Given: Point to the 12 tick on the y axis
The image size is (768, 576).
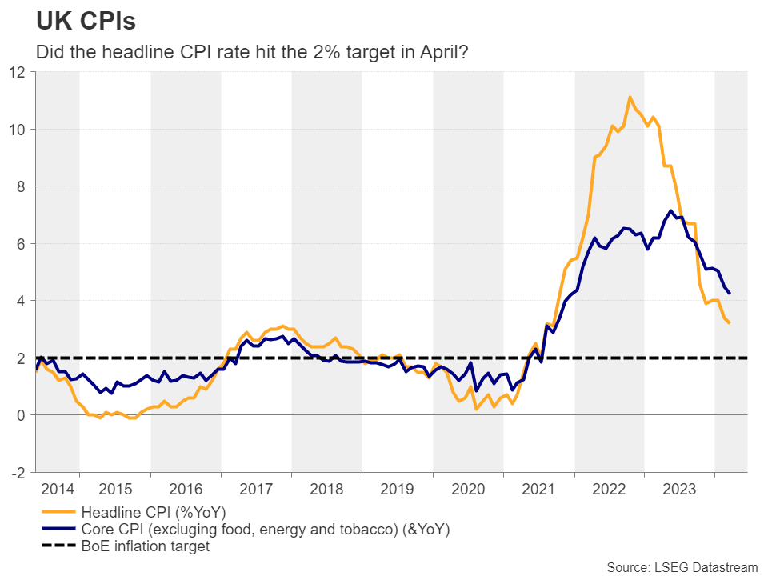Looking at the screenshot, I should (18, 72).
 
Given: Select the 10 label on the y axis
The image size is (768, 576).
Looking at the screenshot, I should (18, 130).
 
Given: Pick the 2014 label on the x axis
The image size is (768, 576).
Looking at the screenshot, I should (58, 487).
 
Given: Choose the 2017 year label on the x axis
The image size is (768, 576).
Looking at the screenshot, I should (256, 487).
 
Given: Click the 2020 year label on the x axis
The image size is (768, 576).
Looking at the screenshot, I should (468, 487).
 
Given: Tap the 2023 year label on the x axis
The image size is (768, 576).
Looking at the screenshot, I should (680, 487).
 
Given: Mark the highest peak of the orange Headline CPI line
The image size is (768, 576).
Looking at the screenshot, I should (630, 98).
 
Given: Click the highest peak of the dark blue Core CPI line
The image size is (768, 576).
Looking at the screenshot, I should (670, 211).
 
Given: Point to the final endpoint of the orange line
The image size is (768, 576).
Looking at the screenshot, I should (730, 322).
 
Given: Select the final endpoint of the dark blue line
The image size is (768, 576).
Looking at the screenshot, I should (730, 294).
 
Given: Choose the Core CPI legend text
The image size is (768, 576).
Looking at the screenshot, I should (263, 529).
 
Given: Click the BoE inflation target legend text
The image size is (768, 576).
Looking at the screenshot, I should (146, 546).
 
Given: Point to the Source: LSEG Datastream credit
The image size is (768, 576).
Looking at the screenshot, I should (682, 566).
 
